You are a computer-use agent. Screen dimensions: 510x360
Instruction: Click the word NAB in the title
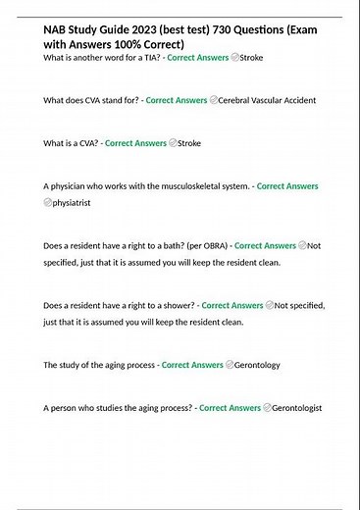tap(57, 31)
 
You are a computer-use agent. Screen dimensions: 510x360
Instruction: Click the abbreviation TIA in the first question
tap(144, 59)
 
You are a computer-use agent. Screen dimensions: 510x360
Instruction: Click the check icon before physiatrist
tap(48, 203)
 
